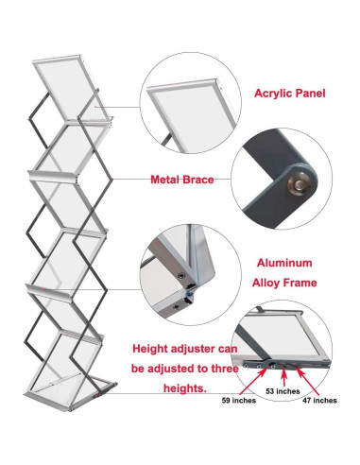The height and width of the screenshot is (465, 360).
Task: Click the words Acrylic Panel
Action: click(292, 94)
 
